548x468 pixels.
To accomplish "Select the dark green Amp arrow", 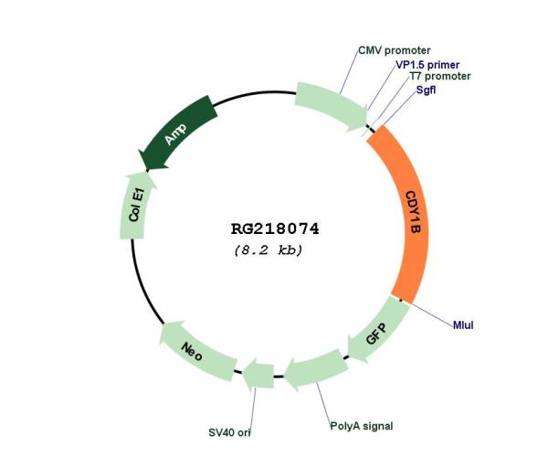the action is tap(177, 133).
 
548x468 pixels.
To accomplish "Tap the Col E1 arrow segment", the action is tap(137, 206).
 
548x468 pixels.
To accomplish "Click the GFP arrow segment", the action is tap(376, 329).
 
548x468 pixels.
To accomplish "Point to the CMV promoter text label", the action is tap(395, 50).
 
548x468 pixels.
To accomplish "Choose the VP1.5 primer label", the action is tap(427, 65).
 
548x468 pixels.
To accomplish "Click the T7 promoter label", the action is tap(440, 76).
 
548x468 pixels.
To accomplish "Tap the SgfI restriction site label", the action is tap(426, 90).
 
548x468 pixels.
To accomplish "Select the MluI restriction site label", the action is tap(463, 325).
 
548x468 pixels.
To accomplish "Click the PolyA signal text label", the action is tap(362, 426).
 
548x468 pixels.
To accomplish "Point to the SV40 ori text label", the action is tap(229, 432).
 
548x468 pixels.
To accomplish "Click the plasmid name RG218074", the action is tap(275, 229).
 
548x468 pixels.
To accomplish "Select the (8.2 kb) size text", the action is tap(269, 250).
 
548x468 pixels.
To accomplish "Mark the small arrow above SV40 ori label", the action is tap(258, 375).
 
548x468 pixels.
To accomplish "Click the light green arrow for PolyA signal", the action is tap(316, 370).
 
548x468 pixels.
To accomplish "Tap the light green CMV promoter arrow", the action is tap(331, 106).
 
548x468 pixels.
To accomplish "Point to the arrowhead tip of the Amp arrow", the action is tap(146, 172).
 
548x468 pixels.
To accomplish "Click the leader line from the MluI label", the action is tap(431, 314).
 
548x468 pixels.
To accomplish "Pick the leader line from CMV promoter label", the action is tap(349, 72).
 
